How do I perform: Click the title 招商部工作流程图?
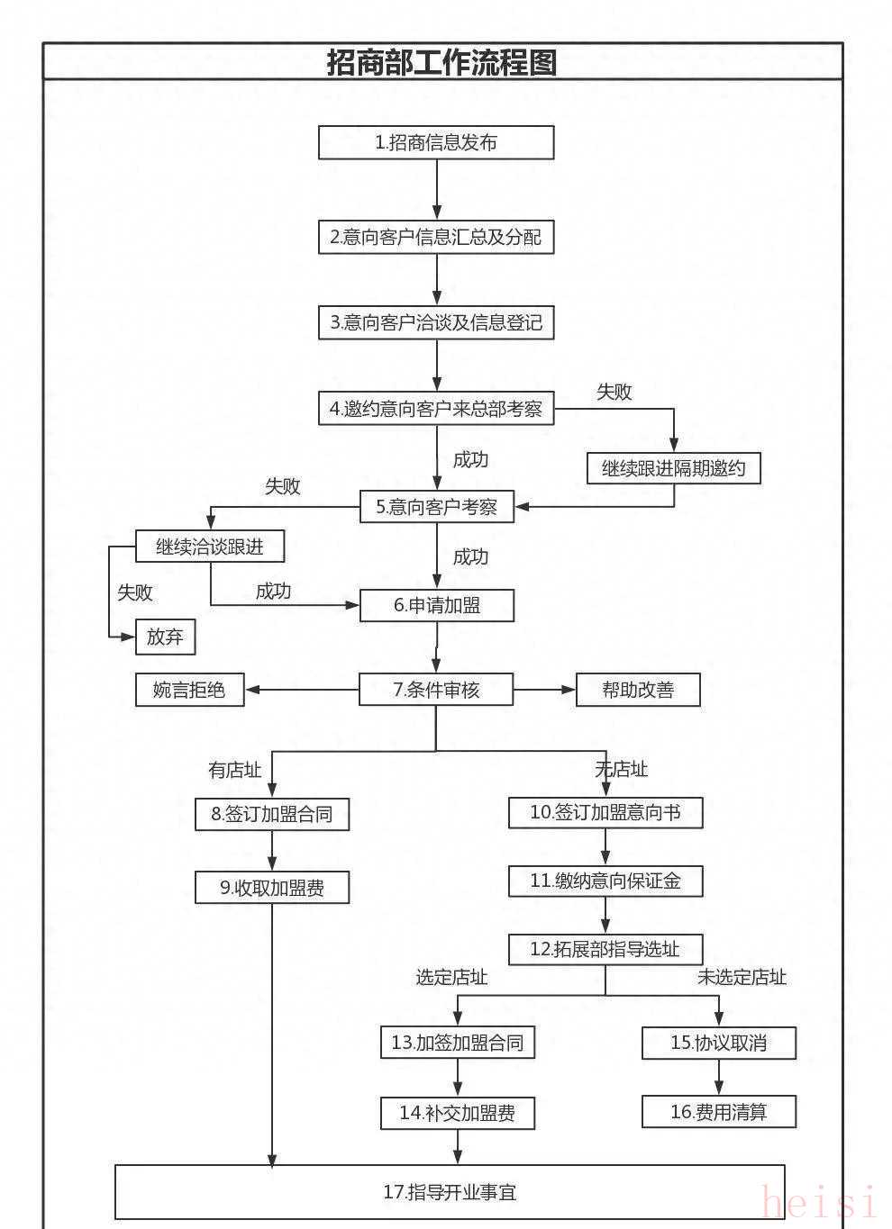point(441,62)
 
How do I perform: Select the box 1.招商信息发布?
point(436,142)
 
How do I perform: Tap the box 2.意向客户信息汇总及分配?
point(436,237)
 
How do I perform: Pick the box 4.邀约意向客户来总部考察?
point(436,408)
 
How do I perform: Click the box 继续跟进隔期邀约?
point(674,468)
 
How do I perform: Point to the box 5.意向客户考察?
point(437,506)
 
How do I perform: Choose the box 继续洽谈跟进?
point(210,546)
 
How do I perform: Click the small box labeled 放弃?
point(165,637)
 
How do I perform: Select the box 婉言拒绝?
point(189,690)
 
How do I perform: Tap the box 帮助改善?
point(638,690)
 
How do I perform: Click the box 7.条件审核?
point(436,690)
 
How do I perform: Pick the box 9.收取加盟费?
point(272,887)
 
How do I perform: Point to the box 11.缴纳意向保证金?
point(605,881)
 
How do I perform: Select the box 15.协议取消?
point(719,1043)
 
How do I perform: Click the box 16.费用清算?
point(719,1112)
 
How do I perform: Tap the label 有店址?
point(234,770)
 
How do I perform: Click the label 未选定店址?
point(742,977)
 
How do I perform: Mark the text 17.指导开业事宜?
point(450,1192)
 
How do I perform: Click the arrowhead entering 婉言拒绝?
point(252,690)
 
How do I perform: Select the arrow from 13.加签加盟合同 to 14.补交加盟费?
point(458,1077)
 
